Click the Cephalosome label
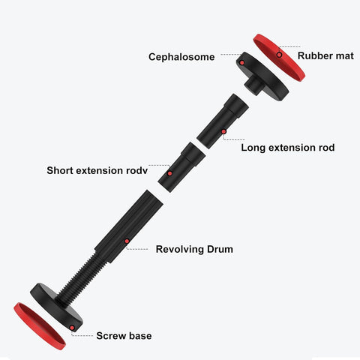coord(181,57)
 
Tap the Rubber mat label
coord(325,55)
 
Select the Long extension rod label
coord(288,148)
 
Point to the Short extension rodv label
coord(97,170)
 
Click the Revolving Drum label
coord(194,249)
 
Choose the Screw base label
coord(124,336)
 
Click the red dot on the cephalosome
coord(241,63)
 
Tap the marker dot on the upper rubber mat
coord(279,55)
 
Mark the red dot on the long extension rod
coord(223,131)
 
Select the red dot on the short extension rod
coord(169,173)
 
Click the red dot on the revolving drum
coord(127,241)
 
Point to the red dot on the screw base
coord(72,328)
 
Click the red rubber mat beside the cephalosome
coord(279,58)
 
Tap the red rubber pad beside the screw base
coord(40,326)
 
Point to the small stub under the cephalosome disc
coord(253,85)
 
